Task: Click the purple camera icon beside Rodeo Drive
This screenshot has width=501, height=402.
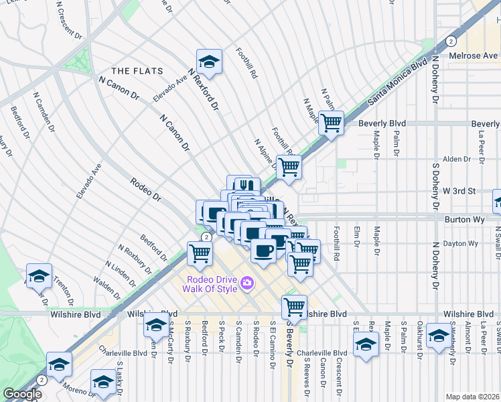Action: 246,283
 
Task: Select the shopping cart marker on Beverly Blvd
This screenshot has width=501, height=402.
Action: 331,123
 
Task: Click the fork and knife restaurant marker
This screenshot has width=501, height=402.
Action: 248,186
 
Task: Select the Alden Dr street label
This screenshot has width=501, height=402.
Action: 456,159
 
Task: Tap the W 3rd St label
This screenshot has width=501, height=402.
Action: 459,191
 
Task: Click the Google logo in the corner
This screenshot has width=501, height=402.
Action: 22,394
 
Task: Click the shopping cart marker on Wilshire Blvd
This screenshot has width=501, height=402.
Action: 293,307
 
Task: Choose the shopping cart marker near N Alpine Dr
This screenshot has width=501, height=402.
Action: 289,167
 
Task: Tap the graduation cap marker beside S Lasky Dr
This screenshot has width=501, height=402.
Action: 103,381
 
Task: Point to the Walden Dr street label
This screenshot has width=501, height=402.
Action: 106,289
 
